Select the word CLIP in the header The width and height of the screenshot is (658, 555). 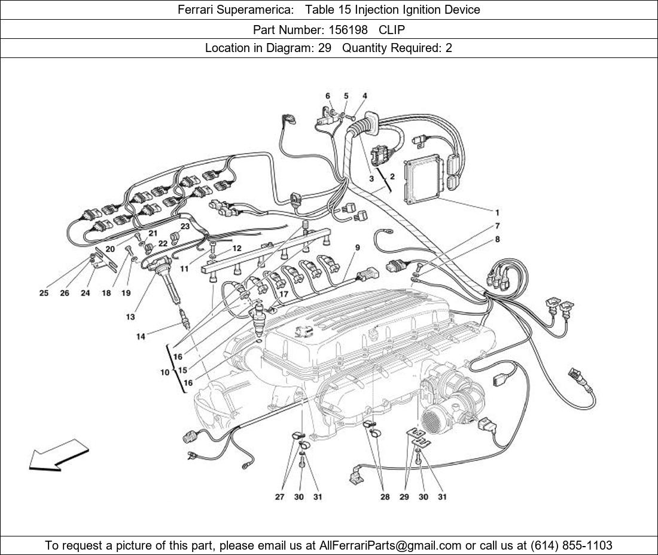click(x=391, y=29)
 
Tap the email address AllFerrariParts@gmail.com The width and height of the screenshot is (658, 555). click(x=391, y=545)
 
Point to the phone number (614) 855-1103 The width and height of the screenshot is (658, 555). click(x=571, y=545)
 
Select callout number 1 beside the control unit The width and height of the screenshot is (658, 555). click(x=496, y=212)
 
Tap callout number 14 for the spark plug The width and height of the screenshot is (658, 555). click(x=140, y=337)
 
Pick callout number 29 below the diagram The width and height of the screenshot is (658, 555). click(x=404, y=497)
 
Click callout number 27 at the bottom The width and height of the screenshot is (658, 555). click(x=279, y=497)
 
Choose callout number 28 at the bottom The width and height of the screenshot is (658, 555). click(x=385, y=497)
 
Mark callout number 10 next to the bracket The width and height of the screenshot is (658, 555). click(x=164, y=372)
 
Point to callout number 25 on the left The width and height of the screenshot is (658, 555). click(x=44, y=293)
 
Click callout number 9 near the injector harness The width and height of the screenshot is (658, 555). click(x=357, y=247)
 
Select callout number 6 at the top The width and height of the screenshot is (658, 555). click(x=328, y=96)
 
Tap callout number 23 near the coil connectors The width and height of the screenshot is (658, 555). click(x=185, y=227)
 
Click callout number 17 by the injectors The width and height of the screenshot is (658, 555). click(x=284, y=294)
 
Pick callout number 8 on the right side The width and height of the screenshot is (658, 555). click(x=497, y=239)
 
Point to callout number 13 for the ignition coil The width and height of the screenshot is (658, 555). click(x=130, y=317)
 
